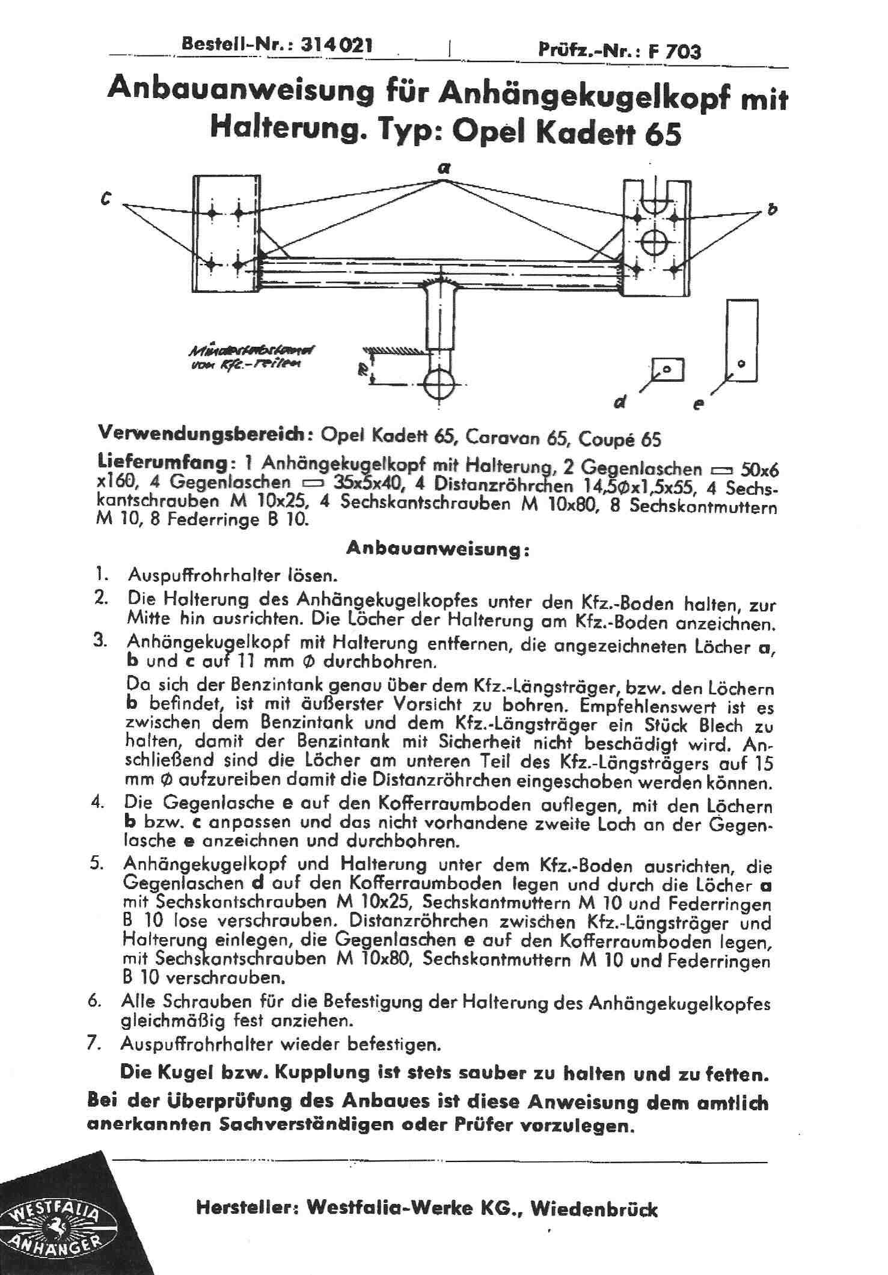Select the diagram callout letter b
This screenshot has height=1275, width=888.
pos(773,210)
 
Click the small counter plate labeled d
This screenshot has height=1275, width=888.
pos(669,370)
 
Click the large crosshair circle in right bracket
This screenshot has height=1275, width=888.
pos(652,243)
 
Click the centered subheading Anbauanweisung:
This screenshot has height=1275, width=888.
pos(438,550)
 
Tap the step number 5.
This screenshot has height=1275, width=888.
pos(95,864)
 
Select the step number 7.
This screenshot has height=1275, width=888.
pos(93,1044)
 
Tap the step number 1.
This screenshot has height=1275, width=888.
pos(100,575)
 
